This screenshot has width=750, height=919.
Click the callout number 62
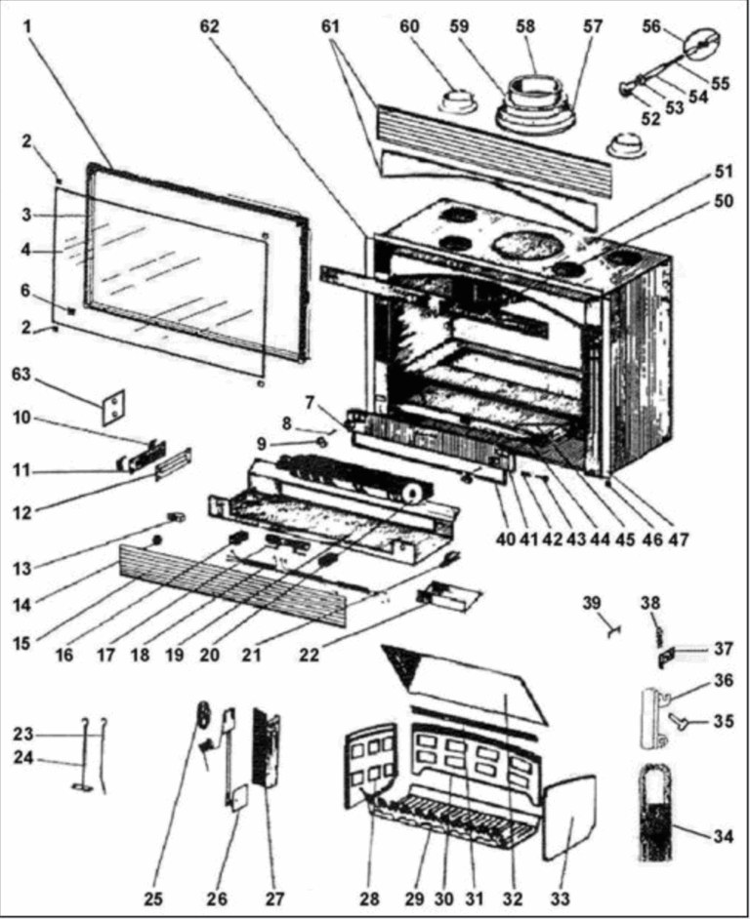pyautogui.click(x=209, y=27)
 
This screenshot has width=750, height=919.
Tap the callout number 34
pyautogui.click(x=723, y=836)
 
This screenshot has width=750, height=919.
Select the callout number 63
pyautogui.click(x=21, y=374)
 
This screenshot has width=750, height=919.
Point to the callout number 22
pyautogui.click(x=310, y=655)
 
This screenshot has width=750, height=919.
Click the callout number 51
pyautogui.click(x=723, y=172)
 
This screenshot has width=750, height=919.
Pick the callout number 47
pyautogui.click(x=678, y=539)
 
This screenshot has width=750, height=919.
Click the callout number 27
pyautogui.click(x=274, y=899)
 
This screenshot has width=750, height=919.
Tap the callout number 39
pyautogui.click(x=592, y=603)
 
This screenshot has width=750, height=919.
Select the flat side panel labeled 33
pyautogui.click(x=569, y=817)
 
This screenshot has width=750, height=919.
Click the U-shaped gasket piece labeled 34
pyautogui.click(x=654, y=813)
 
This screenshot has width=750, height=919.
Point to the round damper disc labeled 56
pyautogui.click(x=702, y=43)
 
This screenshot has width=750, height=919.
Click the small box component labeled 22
pyautogui.click(x=449, y=595)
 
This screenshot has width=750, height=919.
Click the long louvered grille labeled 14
pyautogui.click(x=233, y=584)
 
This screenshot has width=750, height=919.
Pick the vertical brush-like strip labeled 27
pyautogui.click(x=266, y=748)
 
